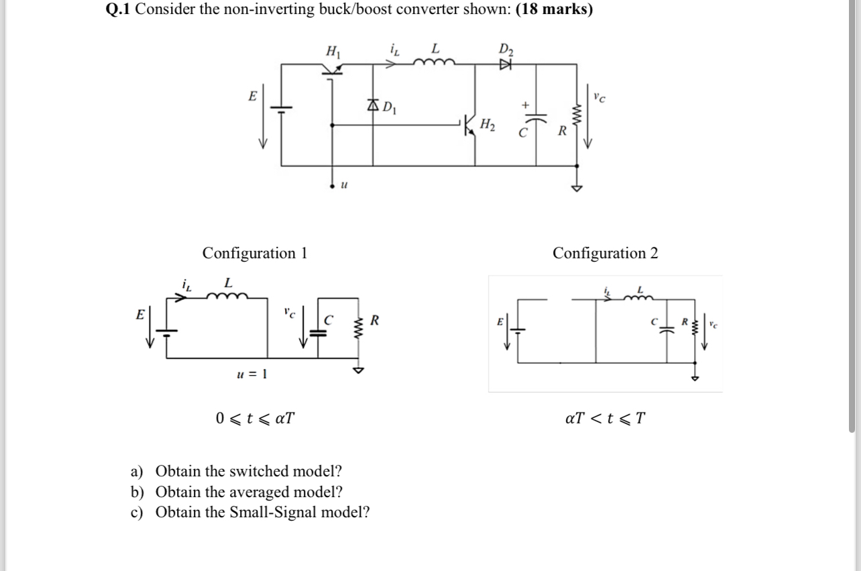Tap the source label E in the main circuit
(x=252, y=97)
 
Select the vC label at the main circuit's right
(x=599, y=97)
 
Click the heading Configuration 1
(x=255, y=253)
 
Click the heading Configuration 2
(x=605, y=253)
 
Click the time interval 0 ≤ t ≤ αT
(x=255, y=419)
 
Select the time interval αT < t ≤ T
(x=606, y=419)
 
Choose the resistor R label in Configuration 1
(x=374, y=321)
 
